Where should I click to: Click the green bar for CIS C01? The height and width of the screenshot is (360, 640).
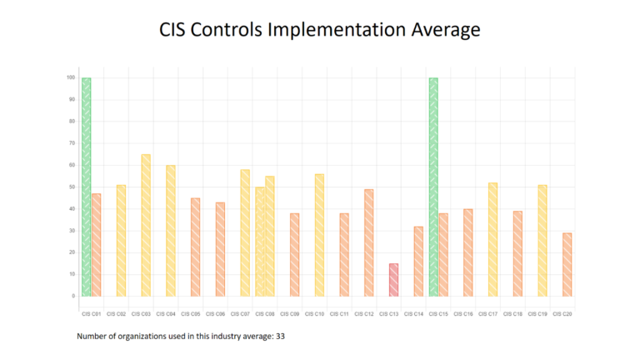[87, 187]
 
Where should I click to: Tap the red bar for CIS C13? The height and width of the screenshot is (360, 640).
[393, 279]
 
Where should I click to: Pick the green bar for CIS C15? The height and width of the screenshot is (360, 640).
[433, 187]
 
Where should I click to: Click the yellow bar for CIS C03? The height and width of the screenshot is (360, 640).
[146, 225]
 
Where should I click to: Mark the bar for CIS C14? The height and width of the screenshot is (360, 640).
[418, 261]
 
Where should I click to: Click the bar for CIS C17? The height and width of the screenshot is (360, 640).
[492, 239]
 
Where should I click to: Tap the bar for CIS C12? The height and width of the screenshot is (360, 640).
[368, 242]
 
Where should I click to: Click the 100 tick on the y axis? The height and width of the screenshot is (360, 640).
[72, 77]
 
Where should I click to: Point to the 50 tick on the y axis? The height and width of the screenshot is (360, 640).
[73, 187]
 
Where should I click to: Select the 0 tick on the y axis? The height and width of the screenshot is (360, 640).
[74, 296]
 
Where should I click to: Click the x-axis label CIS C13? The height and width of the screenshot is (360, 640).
[388, 314]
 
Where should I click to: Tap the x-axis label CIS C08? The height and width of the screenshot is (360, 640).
[264, 314]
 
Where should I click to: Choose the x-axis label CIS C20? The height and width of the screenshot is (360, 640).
[562, 314]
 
